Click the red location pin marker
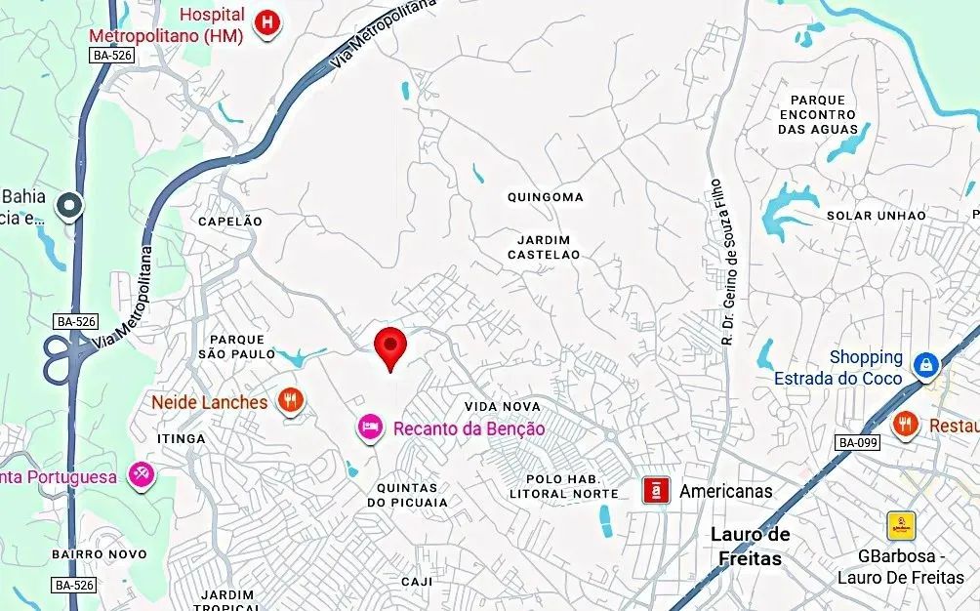pos(390,345)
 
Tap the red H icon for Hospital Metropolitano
pos(265,23)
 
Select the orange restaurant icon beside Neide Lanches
pos(289,400)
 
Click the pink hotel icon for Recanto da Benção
pos(369,427)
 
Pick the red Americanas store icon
pos(656,490)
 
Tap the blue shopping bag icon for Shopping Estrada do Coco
pos(924,366)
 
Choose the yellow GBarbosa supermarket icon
pos(900,526)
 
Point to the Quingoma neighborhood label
pos(545,197)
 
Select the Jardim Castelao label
pos(544,247)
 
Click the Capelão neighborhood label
pos(230,222)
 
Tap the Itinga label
pos(182,439)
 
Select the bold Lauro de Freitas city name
pos(750,547)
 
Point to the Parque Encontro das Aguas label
pos(818,114)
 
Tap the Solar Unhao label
pos(876,216)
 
